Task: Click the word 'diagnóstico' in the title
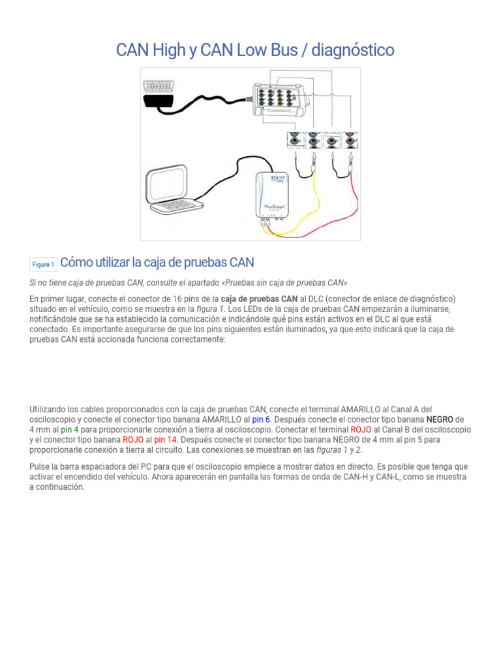tap(353, 50)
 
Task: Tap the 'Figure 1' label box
tap(43, 264)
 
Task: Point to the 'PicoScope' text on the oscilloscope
tap(273, 206)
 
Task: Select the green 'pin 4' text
tap(70, 430)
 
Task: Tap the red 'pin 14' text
tap(166, 440)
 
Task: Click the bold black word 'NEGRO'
tap(440, 419)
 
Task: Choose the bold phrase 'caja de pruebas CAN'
tap(259, 298)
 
